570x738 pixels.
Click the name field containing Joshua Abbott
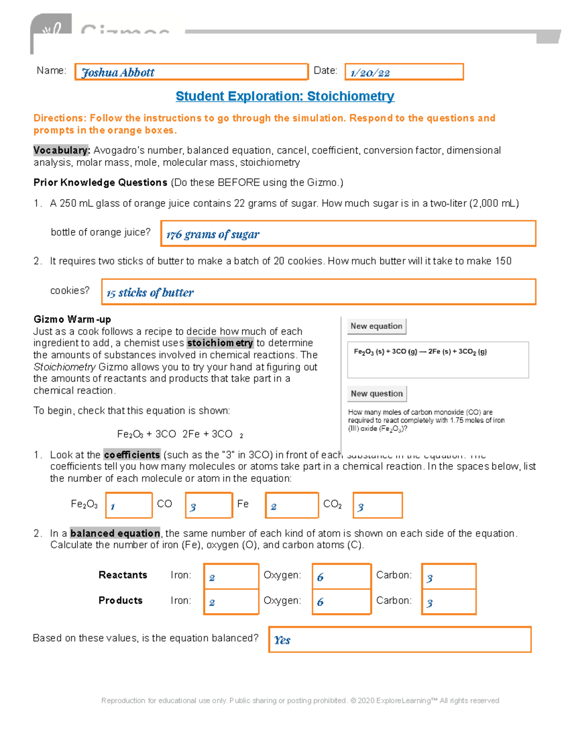click(x=191, y=72)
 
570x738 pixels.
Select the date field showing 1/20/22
click(x=404, y=72)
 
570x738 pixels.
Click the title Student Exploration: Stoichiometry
click(x=285, y=96)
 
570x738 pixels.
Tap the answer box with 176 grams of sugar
click(x=348, y=234)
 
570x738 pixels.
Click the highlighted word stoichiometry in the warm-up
click(x=220, y=343)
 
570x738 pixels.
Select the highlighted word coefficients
click(x=132, y=455)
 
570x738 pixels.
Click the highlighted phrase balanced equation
click(x=115, y=533)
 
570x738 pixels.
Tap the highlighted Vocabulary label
click(x=61, y=151)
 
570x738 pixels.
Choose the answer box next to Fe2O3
click(x=129, y=505)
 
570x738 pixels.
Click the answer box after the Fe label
click(x=292, y=505)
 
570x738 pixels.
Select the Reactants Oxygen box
click(x=341, y=576)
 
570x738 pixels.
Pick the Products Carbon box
click(x=448, y=602)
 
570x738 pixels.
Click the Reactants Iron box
click(x=231, y=576)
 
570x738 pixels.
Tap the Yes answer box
click(x=399, y=640)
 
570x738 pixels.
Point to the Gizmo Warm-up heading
click(x=72, y=319)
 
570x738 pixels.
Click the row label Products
click(x=120, y=601)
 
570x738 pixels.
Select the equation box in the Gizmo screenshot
click(x=438, y=360)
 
